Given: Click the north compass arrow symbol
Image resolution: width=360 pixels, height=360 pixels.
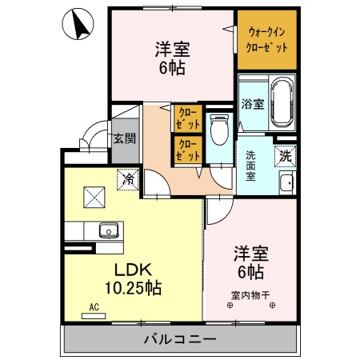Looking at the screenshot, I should [80, 26].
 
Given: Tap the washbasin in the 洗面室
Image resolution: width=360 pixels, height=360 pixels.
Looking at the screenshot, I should [286, 183].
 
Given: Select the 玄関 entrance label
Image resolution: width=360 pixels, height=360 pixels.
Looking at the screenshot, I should [123, 138].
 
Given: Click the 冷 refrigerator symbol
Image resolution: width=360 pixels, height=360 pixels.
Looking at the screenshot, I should [126, 180].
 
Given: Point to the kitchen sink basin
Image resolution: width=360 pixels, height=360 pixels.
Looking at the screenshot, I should [108, 231].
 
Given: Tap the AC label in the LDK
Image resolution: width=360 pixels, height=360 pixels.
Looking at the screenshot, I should [93, 307].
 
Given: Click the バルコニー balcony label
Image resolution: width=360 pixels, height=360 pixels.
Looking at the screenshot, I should [179, 339].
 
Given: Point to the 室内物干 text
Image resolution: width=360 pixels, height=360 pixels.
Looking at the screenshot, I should [251, 294].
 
